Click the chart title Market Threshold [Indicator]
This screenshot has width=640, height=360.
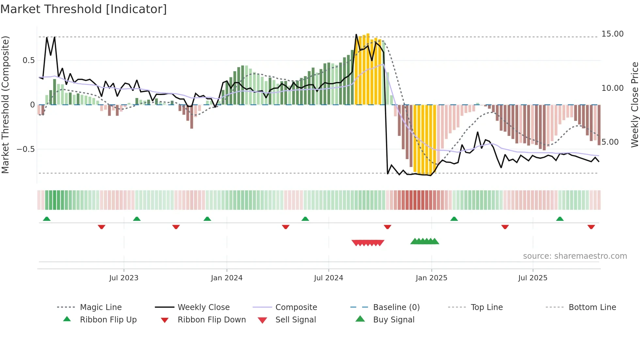pyautogui.click(x=84, y=9)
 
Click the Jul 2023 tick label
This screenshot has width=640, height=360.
pyautogui.click(x=124, y=278)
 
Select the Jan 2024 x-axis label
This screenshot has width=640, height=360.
pyautogui.click(x=227, y=278)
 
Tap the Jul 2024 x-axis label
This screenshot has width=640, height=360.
pyautogui.click(x=328, y=278)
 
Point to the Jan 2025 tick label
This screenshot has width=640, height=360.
pyautogui.click(x=431, y=278)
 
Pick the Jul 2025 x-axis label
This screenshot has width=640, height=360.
pyautogui.click(x=533, y=278)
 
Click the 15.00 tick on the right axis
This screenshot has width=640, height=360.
pyautogui.click(x=612, y=34)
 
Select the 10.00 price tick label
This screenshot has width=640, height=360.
pyautogui.click(x=612, y=88)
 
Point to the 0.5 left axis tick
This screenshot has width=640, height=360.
pyautogui.click(x=28, y=60)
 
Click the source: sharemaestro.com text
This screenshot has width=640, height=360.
pyautogui.click(x=575, y=256)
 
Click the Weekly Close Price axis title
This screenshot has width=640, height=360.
pyautogui.click(x=635, y=105)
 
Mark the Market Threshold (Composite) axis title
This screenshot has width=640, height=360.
pyautogui.click(x=5, y=105)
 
